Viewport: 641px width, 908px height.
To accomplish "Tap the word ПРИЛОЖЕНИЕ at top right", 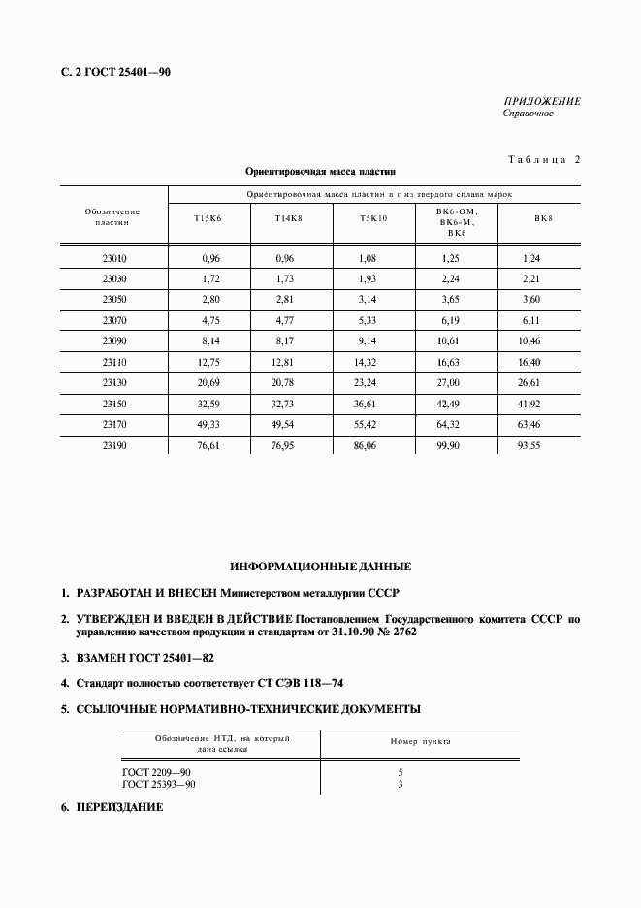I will click(x=542, y=101).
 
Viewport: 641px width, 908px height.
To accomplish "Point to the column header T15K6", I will click(x=208, y=218).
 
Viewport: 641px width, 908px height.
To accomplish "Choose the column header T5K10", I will click(x=373, y=218).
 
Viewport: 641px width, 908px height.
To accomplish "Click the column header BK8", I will click(x=543, y=218).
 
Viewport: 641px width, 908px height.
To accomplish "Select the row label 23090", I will click(x=114, y=341).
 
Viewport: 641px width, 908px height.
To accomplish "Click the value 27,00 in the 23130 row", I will click(x=456, y=383).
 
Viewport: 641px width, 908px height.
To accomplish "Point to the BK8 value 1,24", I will click(x=530, y=259).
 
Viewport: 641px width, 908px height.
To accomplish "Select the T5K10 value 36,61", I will click(x=373, y=403).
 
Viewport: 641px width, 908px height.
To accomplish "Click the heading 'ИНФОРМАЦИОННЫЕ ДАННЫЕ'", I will click(x=321, y=566).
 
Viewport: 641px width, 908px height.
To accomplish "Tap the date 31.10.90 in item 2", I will click(x=356, y=631).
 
